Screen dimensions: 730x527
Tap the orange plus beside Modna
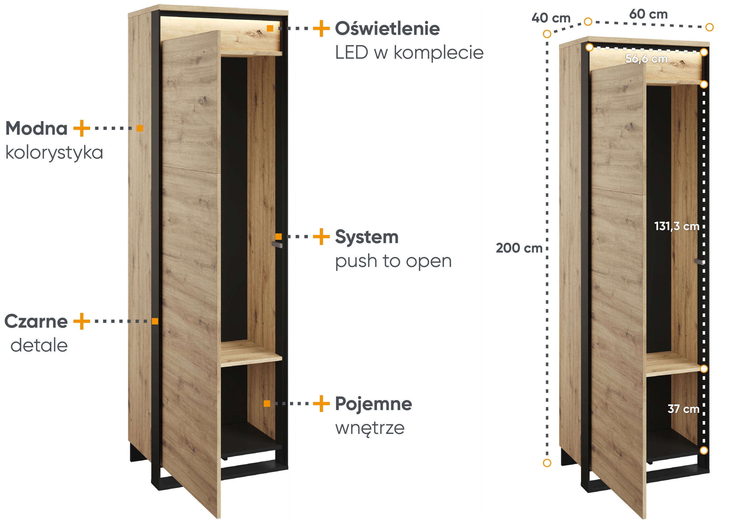pos(82,128)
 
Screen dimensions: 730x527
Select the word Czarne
pos(36,321)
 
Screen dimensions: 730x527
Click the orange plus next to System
pos(321,237)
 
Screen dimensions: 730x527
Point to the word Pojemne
pos(373,404)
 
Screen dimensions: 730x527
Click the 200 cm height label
pos(519,248)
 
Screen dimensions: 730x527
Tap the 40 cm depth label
pos(551,18)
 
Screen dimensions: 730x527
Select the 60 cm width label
pos(648,14)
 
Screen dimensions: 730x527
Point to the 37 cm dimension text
pos(683,409)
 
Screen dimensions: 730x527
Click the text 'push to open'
pos(393,261)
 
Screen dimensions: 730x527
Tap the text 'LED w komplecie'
pos(409,52)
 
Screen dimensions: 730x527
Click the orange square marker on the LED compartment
pos(270,28)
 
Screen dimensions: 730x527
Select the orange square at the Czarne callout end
pos(155,321)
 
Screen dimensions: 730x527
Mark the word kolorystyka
pos(54,153)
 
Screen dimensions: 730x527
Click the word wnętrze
pos(370,428)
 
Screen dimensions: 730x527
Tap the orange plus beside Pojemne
pos(321,404)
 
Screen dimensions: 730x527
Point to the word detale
pos(39,345)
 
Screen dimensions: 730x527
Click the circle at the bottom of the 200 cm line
pos(547,463)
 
